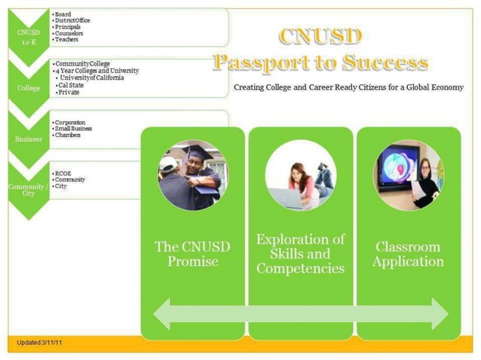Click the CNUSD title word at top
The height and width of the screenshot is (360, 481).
pos(320,35)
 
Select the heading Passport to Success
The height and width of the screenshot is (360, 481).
pos(320,62)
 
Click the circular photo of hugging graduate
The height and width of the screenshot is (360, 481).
pos(191,174)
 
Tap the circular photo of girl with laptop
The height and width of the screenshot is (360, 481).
pos(301,174)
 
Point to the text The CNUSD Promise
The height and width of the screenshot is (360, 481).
pos(191,254)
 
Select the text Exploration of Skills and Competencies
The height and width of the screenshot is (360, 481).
pos(301,254)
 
